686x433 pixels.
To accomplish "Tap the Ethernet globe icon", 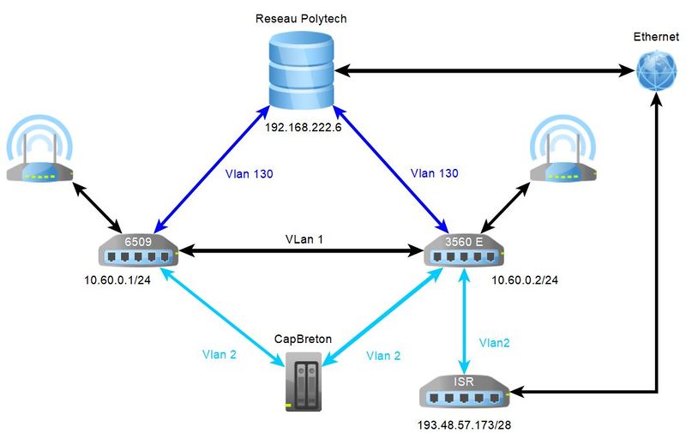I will tap(656, 72).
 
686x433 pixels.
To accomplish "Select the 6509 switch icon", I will tap(138, 251).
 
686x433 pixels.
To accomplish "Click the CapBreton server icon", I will tap(299, 385).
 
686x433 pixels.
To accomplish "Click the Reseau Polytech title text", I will tap(301, 18).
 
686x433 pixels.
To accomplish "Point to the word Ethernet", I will tap(656, 37).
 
